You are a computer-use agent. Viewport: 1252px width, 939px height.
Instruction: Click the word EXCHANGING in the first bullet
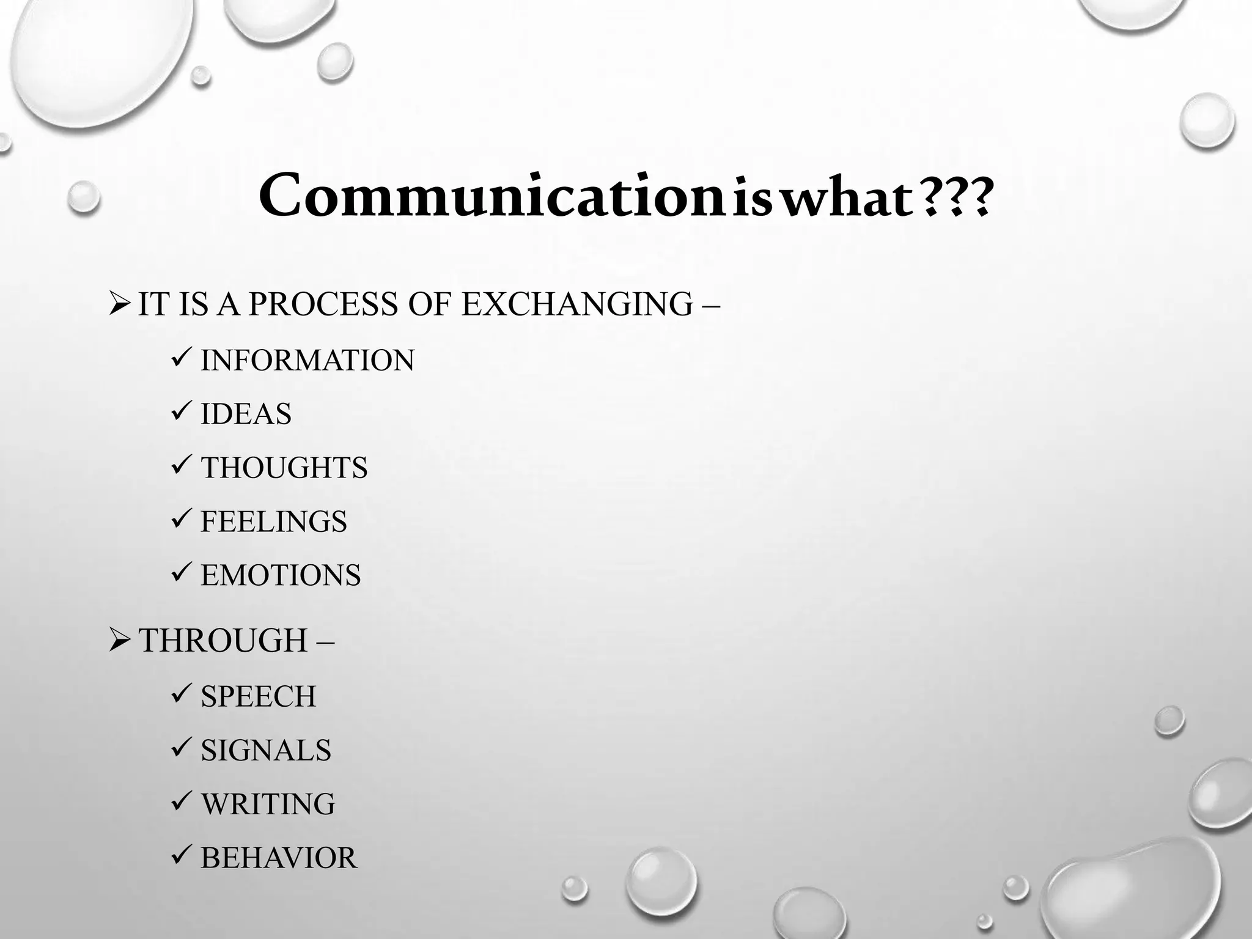point(577,304)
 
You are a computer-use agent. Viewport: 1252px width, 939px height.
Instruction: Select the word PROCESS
point(322,304)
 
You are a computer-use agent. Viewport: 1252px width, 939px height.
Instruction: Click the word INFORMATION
point(307,360)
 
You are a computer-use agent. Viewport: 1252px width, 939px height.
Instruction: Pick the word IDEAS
point(246,414)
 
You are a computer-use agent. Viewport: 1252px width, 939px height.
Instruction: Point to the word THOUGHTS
point(284,468)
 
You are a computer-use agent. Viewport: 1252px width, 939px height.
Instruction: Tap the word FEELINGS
point(274,521)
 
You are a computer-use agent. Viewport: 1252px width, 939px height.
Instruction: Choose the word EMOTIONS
point(281,575)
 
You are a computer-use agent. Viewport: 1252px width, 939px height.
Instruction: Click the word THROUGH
point(224,641)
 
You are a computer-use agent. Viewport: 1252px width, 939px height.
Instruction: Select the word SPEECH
point(259,696)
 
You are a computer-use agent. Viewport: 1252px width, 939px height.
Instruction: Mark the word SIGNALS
point(266,750)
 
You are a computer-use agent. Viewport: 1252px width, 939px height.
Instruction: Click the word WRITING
point(268,804)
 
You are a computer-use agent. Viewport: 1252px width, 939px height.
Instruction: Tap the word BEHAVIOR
point(278,858)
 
